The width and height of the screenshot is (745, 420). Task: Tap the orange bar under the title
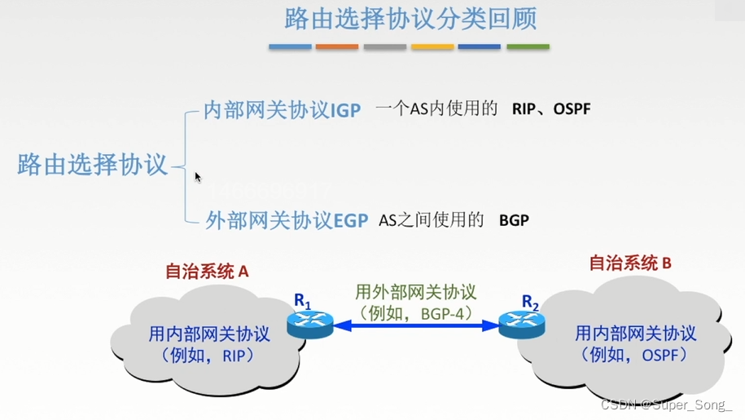coord(336,46)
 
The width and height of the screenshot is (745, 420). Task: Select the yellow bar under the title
coord(432,46)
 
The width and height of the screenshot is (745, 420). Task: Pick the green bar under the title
coord(528,46)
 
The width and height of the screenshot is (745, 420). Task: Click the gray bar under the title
coord(384,46)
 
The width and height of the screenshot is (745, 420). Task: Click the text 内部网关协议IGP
coord(282,110)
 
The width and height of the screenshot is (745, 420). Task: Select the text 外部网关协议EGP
coord(287,220)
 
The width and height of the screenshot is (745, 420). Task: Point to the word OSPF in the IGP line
coord(572,108)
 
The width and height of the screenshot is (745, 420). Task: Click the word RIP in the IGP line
coord(524,108)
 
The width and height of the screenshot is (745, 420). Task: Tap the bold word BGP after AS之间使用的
coord(514,220)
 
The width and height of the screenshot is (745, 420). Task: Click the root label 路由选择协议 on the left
coord(92,164)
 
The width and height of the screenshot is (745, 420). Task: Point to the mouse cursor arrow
coord(197,175)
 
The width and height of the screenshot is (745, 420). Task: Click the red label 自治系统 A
coord(206,272)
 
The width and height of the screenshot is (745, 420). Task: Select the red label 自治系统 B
coord(629,263)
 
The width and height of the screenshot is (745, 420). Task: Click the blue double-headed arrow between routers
coord(415,326)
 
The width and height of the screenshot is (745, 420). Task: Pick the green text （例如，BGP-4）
coord(416,312)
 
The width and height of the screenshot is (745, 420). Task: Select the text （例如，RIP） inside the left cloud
coord(208,356)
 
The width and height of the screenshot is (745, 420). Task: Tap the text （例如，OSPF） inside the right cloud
coord(635,356)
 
